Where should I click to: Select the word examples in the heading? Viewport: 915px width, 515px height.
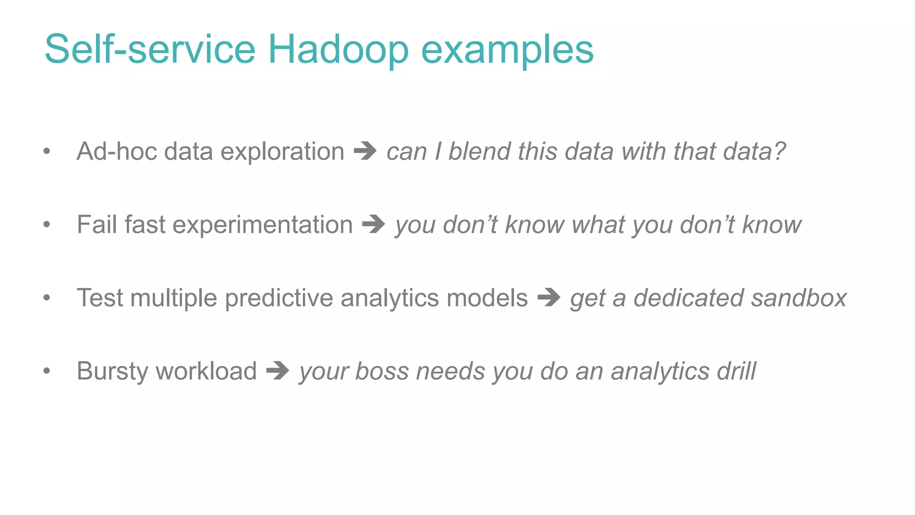507,50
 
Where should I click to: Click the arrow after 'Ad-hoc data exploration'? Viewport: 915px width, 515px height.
365,151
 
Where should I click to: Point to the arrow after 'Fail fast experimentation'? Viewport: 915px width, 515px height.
374,224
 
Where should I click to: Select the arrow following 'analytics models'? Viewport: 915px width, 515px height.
549,298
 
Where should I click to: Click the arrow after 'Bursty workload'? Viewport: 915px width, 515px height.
277,371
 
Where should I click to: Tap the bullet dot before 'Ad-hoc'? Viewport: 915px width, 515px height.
46,151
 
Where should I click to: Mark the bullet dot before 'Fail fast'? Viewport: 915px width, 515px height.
46,224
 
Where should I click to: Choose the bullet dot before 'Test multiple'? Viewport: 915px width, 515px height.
46,298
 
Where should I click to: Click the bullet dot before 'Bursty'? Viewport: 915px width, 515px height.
46,371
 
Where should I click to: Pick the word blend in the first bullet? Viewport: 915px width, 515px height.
479,151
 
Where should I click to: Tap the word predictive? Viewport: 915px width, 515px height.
279,299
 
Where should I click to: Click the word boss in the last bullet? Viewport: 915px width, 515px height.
382,371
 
